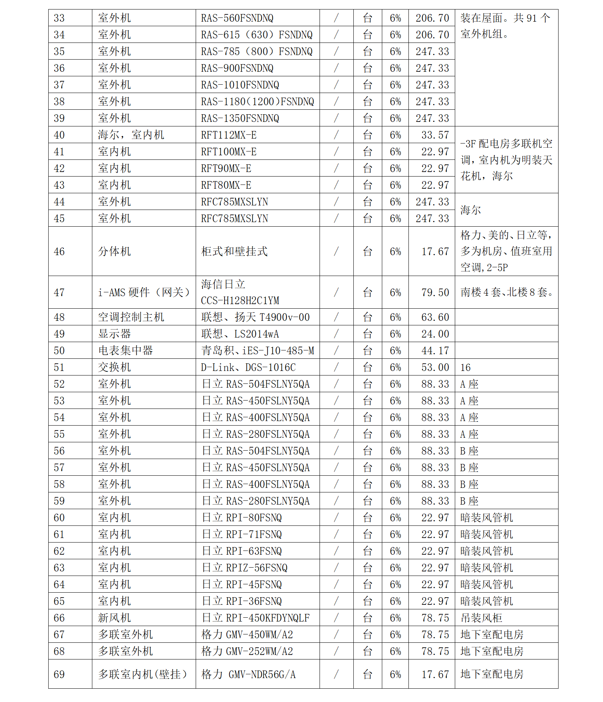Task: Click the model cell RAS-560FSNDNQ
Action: (x=237, y=18)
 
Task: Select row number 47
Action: (x=59, y=292)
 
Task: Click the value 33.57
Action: (x=435, y=135)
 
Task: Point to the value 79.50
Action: (x=435, y=292)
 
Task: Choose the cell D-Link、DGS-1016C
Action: (x=248, y=367)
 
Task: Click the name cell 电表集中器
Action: (x=125, y=350)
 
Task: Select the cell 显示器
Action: (x=114, y=334)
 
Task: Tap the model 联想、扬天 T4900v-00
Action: (x=255, y=317)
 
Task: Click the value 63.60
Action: (x=435, y=317)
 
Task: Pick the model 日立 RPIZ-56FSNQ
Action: (x=244, y=568)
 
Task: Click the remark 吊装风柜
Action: (x=481, y=618)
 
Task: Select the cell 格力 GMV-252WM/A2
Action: (x=247, y=651)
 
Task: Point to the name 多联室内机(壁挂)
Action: (x=142, y=674)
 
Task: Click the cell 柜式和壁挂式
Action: (x=234, y=251)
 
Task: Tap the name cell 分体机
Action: (x=114, y=251)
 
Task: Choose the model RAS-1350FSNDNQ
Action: (x=240, y=118)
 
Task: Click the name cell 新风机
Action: (x=114, y=618)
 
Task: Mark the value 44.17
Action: (x=435, y=350)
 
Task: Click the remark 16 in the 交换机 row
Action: (x=465, y=367)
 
